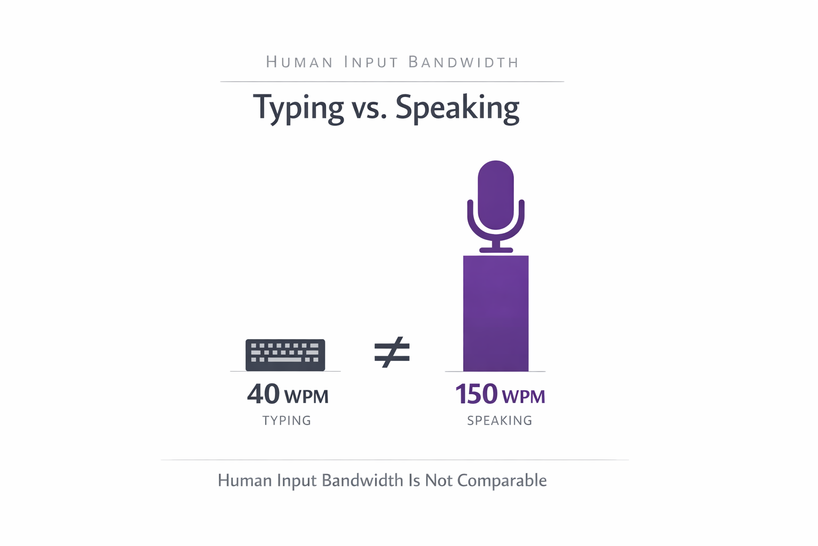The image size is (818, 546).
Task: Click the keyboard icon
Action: [x=285, y=355]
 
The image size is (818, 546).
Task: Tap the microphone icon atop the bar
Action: [x=496, y=206]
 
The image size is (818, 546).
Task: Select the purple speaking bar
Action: [x=496, y=314]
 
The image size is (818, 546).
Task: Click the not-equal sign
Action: [x=392, y=352]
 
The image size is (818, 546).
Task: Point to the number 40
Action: [x=263, y=394]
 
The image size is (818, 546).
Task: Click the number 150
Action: [x=476, y=394]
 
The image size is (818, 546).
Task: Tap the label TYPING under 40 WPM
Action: [x=287, y=421]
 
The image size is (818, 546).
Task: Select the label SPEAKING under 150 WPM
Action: [x=500, y=421]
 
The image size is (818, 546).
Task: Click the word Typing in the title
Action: [x=299, y=108]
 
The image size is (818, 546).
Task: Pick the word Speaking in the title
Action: [x=457, y=108]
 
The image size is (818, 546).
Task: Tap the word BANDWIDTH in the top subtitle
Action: [x=463, y=62]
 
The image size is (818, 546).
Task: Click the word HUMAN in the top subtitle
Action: [x=299, y=62]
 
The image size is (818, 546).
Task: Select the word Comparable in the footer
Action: [x=502, y=480]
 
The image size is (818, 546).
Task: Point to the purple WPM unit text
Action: [x=523, y=397]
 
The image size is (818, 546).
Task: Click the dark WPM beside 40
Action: [x=306, y=397]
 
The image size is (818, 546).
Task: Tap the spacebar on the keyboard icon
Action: [x=285, y=360]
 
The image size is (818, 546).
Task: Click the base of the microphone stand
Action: [x=496, y=250]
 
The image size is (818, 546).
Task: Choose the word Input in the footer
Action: [x=297, y=481]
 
